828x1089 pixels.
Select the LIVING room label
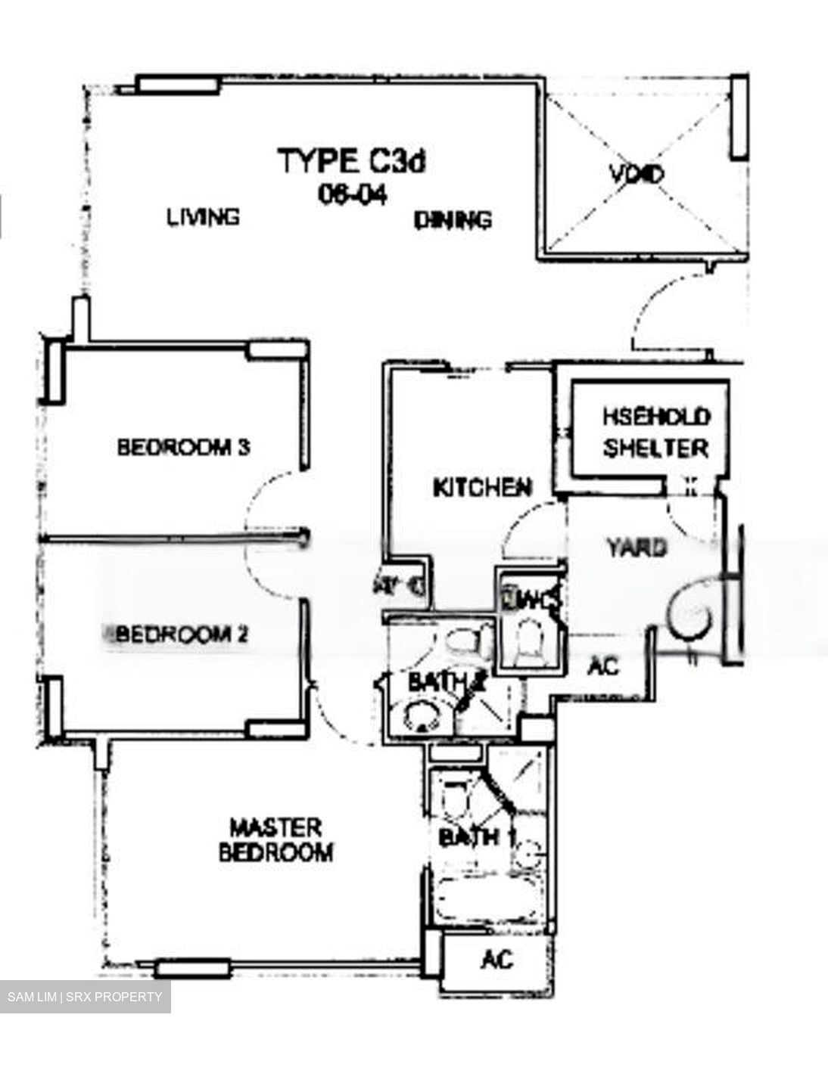tap(203, 217)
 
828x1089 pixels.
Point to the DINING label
tap(453, 219)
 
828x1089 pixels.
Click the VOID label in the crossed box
tap(636, 175)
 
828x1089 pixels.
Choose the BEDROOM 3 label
tap(183, 447)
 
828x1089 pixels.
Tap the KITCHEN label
tap(482, 488)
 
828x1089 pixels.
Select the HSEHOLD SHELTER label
tap(656, 432)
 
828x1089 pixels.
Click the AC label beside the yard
tap(604, 666)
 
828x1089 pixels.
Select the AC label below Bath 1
tap(497, 960)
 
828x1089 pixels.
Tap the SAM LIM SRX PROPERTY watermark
tap(85, 997)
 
